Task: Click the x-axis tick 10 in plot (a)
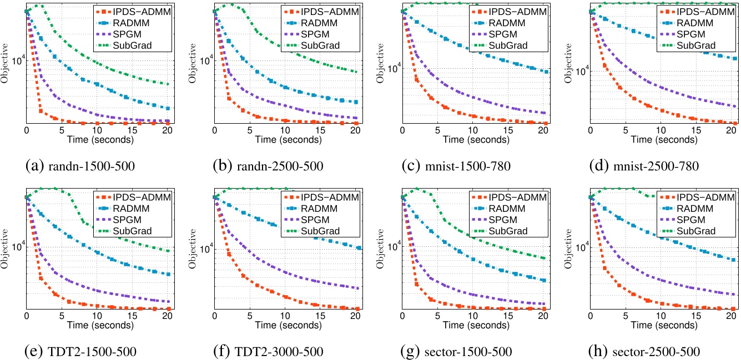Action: [97, 130]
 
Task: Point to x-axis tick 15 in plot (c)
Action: [508, 130]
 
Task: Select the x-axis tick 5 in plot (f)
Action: [250, 316]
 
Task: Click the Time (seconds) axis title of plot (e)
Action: [98, 325]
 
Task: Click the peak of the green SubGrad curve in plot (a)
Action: [38, 5]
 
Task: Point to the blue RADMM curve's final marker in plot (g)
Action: [543, 281]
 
